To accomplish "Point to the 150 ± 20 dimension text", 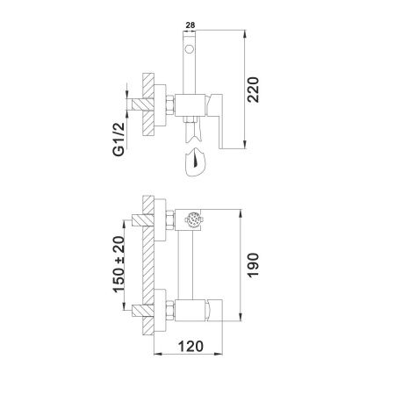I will (116, 264).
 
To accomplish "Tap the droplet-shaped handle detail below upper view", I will (194, 163).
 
